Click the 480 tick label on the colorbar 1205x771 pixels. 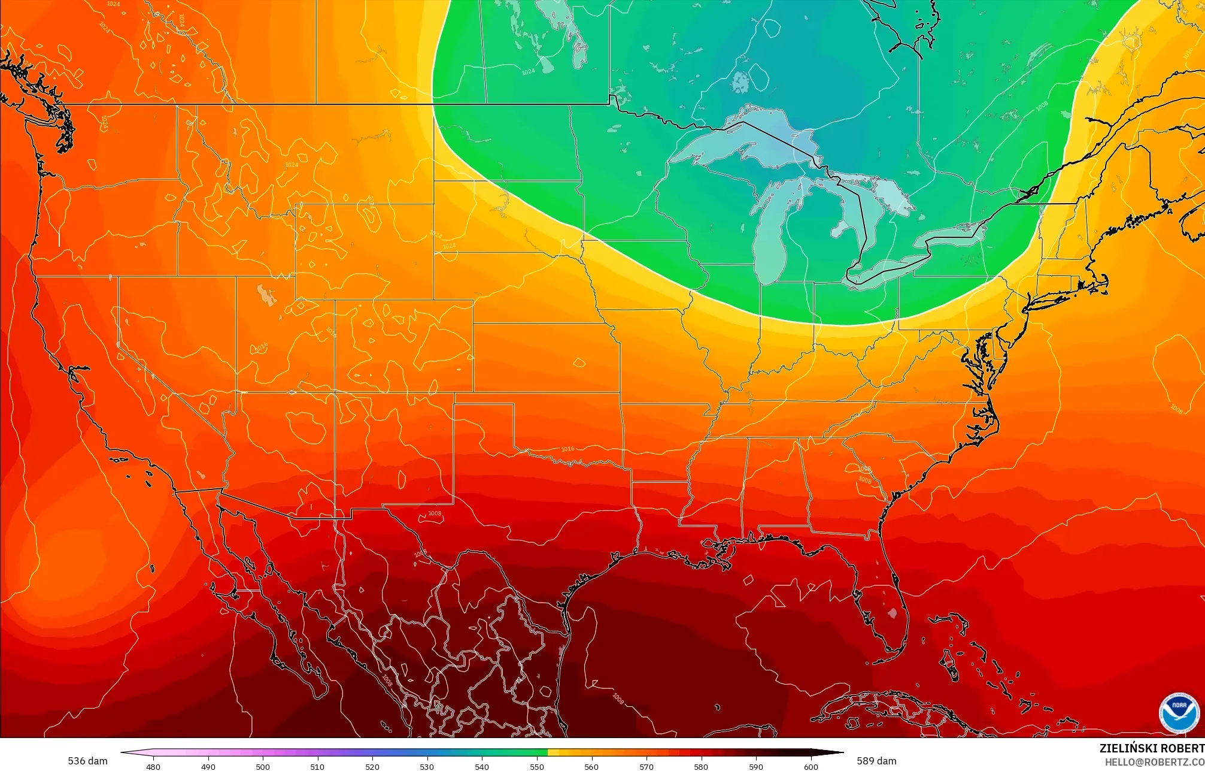tap(153, 766)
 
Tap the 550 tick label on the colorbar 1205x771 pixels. tap(537, 766)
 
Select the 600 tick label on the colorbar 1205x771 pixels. tap(811, 766)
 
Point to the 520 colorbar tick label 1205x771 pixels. tap(372, 766)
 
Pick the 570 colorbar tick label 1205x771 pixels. tap(646, 766)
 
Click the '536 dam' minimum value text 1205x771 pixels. tap(87, 761)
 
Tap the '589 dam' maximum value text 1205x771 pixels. tap(876, 761)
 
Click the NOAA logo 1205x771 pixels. tap(1179, 712)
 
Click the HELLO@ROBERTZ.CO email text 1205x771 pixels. tap(1154, 762)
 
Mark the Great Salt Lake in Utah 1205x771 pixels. tap(263, 294)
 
